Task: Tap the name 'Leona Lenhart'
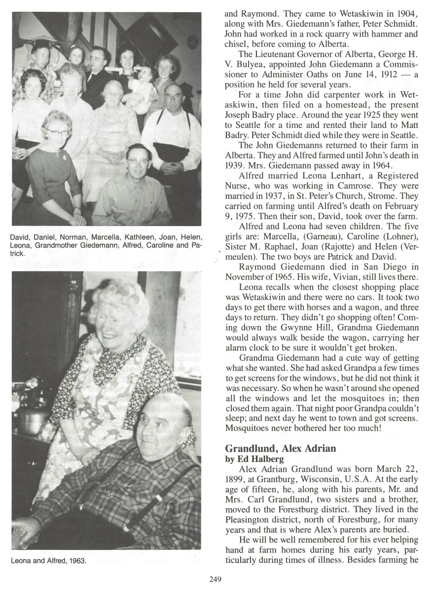pyautogui.click(x=308, y=176)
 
